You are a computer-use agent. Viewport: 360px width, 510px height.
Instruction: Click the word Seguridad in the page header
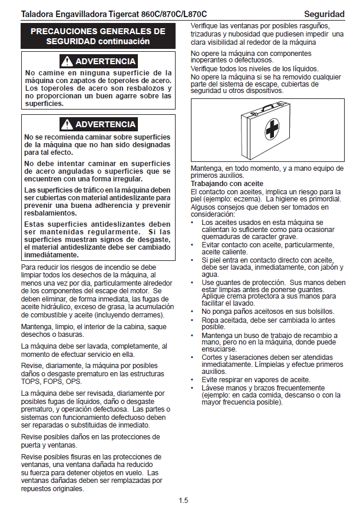click(x=324, y=14)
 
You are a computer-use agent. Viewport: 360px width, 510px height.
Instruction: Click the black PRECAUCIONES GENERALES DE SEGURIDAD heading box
click(x=97, y=36)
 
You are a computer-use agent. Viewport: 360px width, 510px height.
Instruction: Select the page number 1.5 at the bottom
click(x=183, y=501)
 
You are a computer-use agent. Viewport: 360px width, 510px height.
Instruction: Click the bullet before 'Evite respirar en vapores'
click(x=193, y=380)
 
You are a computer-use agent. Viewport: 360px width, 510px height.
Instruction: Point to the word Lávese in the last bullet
click(x=212, y=388)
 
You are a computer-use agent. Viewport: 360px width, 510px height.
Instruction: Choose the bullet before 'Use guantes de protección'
click(x=193, y=282)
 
